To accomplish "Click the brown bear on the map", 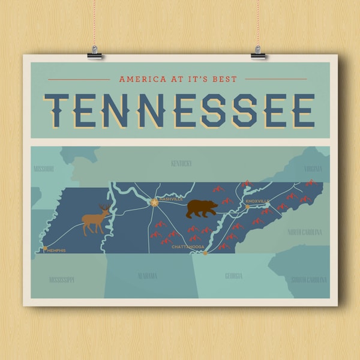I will tap(202, 209).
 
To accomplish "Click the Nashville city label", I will tap(170, 199).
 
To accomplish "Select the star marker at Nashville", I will tap(154, 203).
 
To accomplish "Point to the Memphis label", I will tap(55, 250).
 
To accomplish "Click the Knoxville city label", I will tap(258, 201).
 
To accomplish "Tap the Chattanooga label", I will tap(188, 247).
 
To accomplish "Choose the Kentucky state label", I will tap(181, 163).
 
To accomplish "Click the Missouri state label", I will tap(44, 169).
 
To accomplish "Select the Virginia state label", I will tap(313, 169).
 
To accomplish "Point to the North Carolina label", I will tap(304, 232).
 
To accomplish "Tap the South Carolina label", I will tap(309, 280).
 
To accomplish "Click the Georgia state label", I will tap(234, 276).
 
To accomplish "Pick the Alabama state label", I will tap(147, 276).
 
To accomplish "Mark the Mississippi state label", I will tap(62, 279).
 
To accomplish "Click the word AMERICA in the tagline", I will tap(139, 79).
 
